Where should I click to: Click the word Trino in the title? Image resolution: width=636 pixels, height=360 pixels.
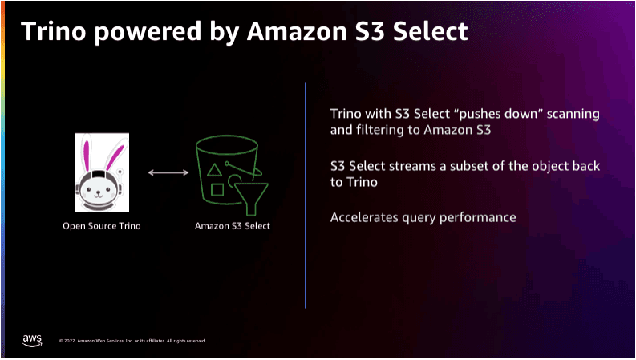click(54, 31)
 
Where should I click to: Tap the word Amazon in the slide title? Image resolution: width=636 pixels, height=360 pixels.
click(297, 31)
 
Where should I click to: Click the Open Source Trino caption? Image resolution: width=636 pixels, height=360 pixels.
click(101, 226)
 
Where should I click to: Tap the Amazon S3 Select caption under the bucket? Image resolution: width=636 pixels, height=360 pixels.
click(233, 226)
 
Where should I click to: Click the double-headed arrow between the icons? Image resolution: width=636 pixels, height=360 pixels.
click(168, 172)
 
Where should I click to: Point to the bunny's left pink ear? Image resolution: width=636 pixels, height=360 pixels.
click(87, 156)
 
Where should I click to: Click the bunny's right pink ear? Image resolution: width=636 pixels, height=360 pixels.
click(115, 158)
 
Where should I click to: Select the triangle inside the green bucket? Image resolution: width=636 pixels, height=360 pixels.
click(214, 170)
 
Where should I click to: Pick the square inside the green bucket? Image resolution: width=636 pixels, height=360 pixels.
click(217, 190)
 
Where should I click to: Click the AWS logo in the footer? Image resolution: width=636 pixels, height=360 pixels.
click(32, 341)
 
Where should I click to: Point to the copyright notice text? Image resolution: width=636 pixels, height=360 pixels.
click(132, 341)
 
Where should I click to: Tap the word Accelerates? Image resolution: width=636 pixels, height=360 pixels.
click(364, 217)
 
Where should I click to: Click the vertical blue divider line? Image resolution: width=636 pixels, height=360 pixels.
click(305, 195)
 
